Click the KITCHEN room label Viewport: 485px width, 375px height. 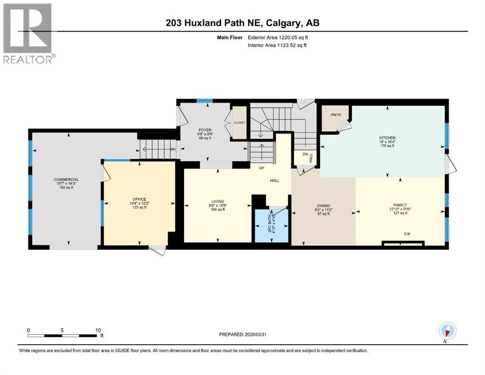click(x=387, y=138)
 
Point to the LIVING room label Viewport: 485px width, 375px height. click(x=217, y=202)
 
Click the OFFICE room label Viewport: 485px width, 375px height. click(x=139, y=199)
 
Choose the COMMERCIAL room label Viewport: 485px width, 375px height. click(x=66, y=180)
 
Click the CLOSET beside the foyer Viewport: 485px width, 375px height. click(x=239, y=123)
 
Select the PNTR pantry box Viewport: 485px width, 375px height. click(x=335, y=115)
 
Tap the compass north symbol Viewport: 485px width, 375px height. click(x=447, y=331)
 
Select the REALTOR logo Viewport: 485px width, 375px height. click(x=29, y=33)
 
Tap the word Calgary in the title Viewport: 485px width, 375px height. click(x=288, y=23)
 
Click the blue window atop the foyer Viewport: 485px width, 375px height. click(x=204, y=101)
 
